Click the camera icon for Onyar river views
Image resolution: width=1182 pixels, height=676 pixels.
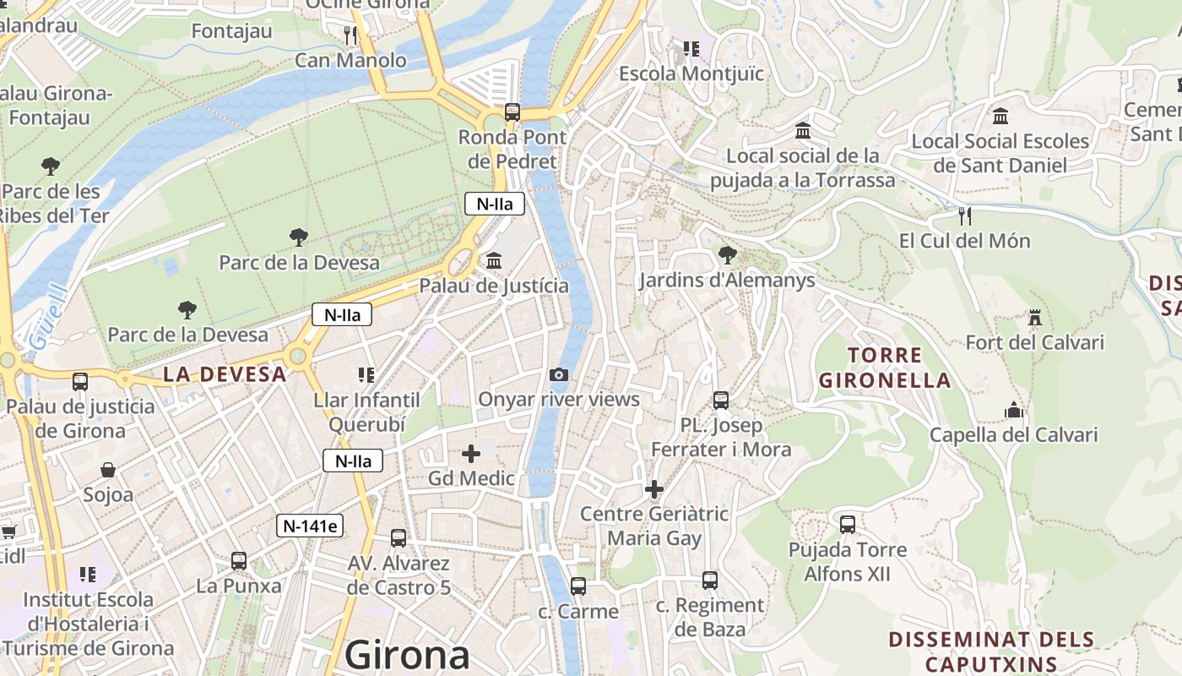pos(558,374)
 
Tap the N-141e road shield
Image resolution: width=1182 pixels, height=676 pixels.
pos(310,526)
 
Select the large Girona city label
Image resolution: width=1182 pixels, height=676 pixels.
pos(407,655)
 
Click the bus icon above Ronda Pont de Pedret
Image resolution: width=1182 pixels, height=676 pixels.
pos(512,112)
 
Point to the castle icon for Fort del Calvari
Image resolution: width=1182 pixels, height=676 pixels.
pos(1034,318)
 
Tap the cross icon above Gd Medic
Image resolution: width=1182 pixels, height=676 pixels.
pos(471,454)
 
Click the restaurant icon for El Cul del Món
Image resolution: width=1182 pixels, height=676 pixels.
pos(965,216)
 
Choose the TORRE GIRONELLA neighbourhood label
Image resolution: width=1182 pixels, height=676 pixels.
pos(884,368)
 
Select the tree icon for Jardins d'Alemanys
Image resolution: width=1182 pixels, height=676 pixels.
pos(726,254)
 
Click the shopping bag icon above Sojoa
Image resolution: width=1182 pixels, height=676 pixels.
pos(108,470)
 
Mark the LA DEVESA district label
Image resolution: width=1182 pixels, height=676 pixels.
pos(225,374)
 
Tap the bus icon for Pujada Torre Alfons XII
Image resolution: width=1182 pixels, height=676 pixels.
pos(848,525)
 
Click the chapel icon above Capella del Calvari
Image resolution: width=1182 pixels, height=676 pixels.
pos(1013,411)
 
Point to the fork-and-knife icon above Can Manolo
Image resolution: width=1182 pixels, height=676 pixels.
pos(350,35)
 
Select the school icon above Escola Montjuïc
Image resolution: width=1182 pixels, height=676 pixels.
pos(691,49)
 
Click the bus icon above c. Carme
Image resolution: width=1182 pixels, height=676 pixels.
pos(577,586)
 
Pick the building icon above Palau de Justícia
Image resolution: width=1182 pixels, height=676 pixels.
pos(494,261)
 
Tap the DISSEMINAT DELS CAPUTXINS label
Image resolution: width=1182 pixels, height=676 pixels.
pos(991,651)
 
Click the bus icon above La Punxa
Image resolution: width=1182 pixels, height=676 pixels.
pos(239,560)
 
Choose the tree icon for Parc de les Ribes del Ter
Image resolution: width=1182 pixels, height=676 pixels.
pos(51,166)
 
